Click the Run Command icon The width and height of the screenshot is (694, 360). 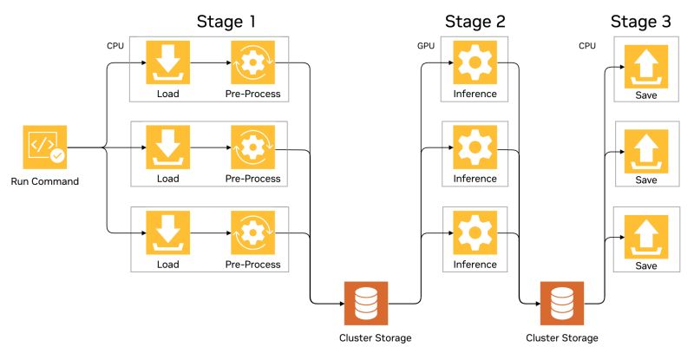coord(45,147)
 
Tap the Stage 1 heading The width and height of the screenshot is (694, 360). coord(226,22)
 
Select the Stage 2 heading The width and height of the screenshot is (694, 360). coord(475,22)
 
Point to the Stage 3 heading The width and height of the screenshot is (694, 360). coord(640,22)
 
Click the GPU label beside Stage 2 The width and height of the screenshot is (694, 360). coord(426,46)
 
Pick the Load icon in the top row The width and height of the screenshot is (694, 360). coord(167,62)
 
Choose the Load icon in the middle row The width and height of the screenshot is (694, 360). coord(167,147)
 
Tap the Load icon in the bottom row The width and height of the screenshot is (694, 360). coord(167,232)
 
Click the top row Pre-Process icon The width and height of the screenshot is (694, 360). coord(252,62)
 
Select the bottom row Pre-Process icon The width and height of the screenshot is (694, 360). coord(252,232)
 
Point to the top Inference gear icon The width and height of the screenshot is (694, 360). coord(475,62)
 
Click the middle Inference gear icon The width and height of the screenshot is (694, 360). coord(475,147)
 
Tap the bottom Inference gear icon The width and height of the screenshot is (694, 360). coord(475,232)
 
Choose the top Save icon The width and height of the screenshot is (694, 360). coord(646,67)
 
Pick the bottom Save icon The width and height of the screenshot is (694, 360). coord(646,237)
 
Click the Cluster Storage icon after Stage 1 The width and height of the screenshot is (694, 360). coord(366,304)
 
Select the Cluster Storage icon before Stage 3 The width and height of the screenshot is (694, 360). coord(562,304)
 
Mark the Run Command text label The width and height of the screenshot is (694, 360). coord(45,181)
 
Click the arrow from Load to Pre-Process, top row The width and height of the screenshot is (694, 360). coord(211,62)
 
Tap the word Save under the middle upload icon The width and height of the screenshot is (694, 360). coord(646,180)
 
